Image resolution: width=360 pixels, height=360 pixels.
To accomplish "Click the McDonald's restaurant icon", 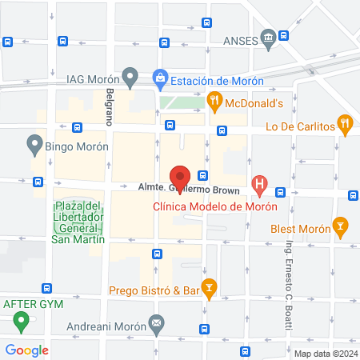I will click(214, 100).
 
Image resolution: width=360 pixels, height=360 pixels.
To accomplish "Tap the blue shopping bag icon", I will click(159, 78).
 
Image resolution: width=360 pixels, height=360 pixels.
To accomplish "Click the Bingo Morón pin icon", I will click(34, 145).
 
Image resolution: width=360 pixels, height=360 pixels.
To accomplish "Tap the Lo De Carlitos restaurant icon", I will click(345, 123).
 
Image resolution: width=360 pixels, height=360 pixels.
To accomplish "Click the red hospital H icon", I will click(259, 185).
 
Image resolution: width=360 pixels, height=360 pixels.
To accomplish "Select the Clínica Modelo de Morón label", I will click(215, 206).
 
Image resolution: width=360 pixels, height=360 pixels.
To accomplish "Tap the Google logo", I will click(27, 350).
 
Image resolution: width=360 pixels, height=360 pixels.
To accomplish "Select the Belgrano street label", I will click(109, 107).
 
